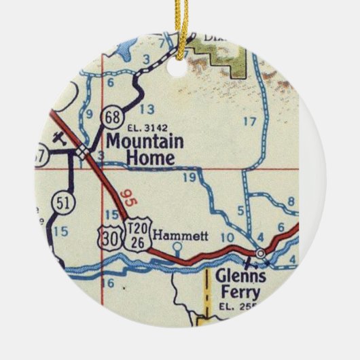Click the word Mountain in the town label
(144, 141)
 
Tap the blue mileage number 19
(190, 177)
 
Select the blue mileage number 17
(249, 122)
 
